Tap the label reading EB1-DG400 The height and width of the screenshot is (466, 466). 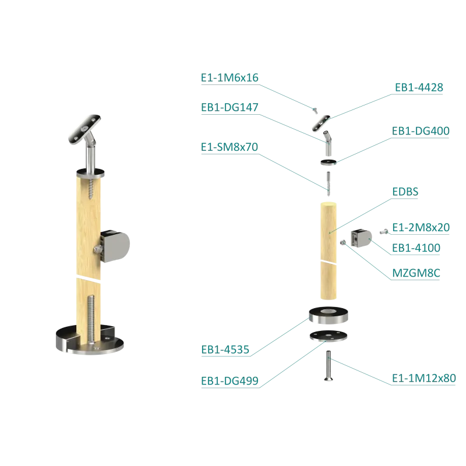pos(421,132)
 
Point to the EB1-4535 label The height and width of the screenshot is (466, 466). pos(225,352)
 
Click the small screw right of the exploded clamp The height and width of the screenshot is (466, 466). pos(382,232)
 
